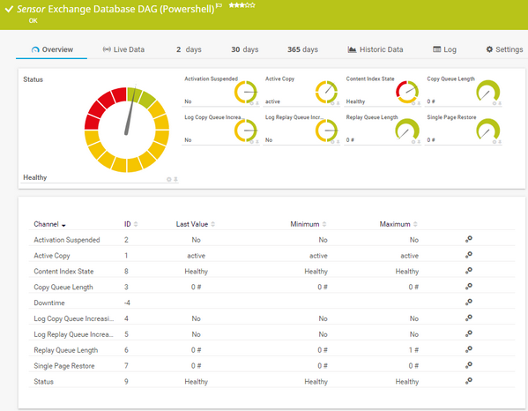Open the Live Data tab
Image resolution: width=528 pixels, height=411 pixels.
pos(123,49)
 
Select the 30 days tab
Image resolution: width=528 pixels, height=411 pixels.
pos(245,49)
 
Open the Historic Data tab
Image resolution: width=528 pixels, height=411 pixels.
pos(376,49)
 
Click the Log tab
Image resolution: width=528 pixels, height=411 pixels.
pos(445,49)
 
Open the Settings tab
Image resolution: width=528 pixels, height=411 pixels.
pos(504,49)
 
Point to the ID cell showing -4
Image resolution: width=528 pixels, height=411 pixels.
pos(128,303)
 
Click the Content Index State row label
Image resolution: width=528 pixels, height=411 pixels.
pos(66,271)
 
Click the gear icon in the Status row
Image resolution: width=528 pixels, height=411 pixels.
pos(469,380)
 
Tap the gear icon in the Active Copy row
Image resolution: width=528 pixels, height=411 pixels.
pos(469,255)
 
